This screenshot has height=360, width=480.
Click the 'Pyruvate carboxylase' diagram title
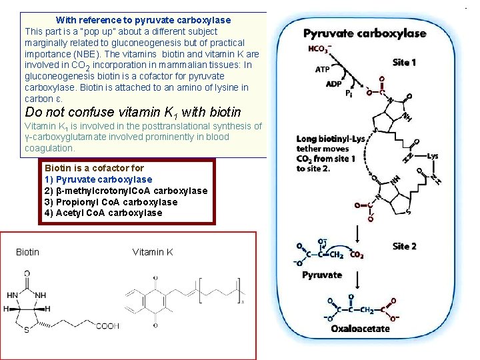(x=365, y=33)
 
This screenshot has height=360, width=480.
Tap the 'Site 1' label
(x=405, y=63)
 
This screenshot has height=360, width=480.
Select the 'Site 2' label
(x=405, y=246)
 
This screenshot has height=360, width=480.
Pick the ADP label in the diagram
(x=333, y=84)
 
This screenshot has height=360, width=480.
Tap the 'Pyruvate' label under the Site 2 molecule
(x=322, y=275)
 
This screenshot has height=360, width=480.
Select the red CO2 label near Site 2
(x=357, y=255)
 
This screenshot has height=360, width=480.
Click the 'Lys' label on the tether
(x=433, y=156)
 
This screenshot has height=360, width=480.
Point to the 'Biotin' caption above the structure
(x=27, y=252)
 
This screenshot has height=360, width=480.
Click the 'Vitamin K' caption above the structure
(x=153, y=252)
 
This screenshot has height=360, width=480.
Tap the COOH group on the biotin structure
(x=107, y=326)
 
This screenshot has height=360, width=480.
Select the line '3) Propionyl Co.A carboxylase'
(x=111, y=202)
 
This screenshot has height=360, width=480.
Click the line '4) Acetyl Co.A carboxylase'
(x=103, y=213)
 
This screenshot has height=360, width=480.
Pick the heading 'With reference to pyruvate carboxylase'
(x=143, y=20)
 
